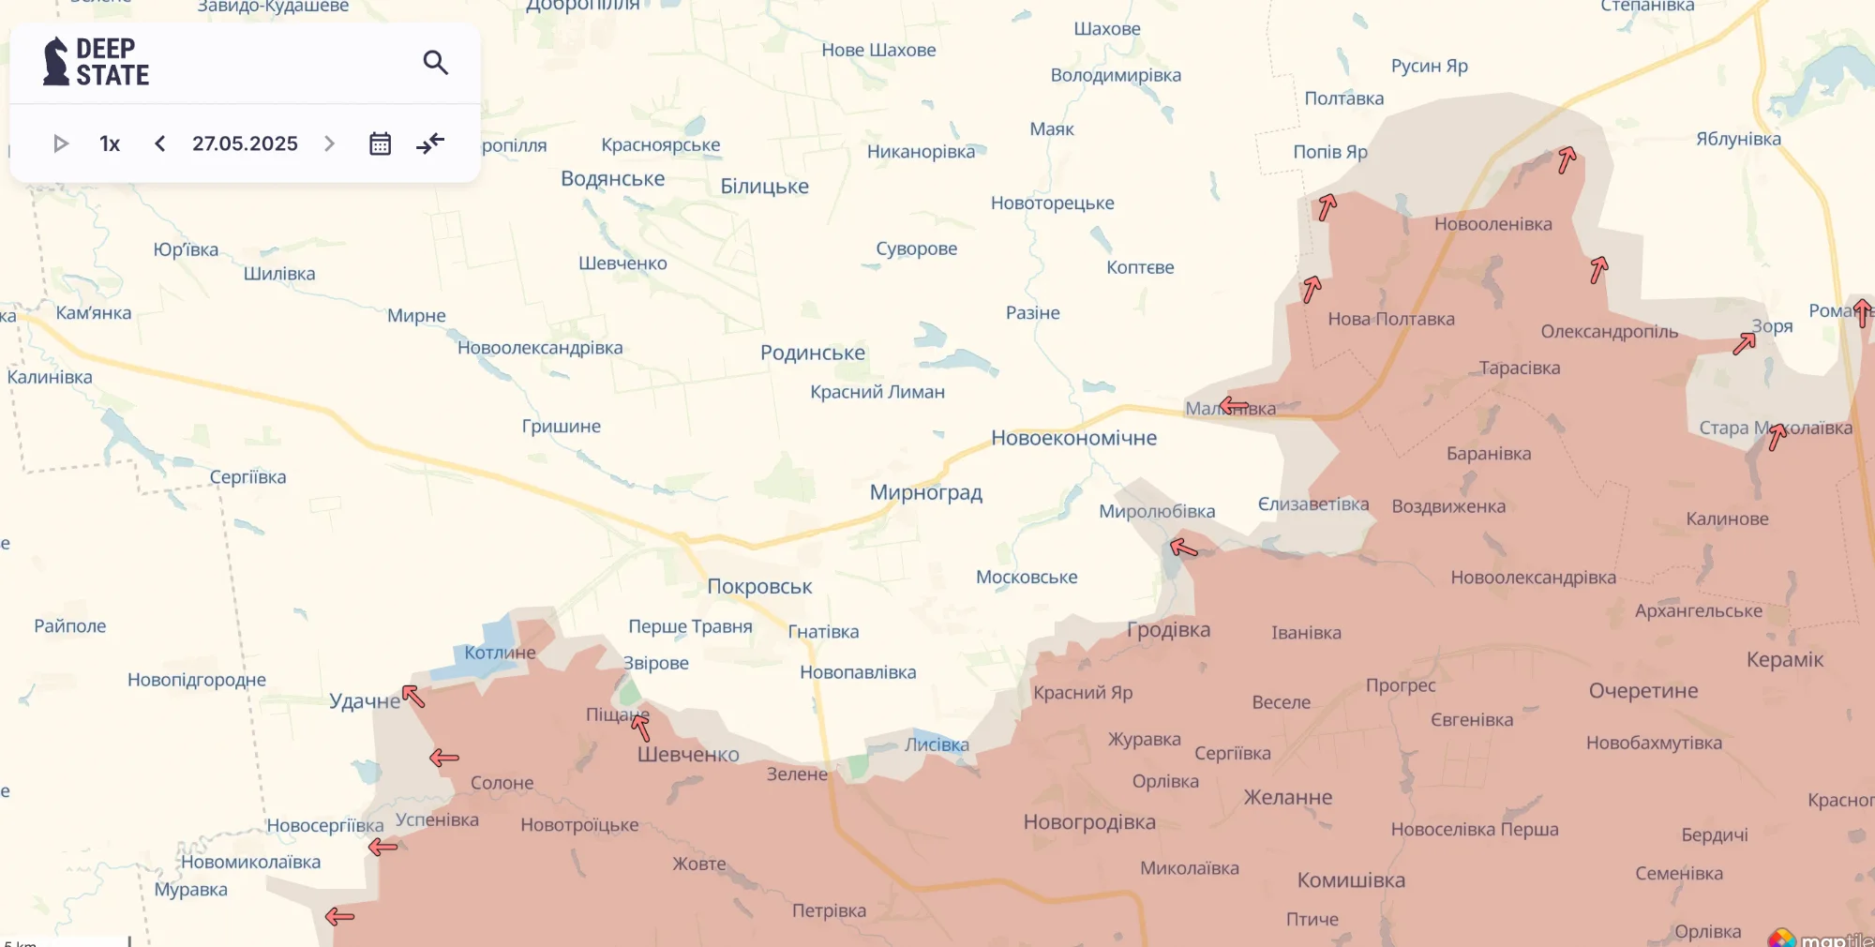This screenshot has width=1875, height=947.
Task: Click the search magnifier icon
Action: tap(435, 63)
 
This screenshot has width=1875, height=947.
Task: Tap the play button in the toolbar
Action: tap(61, 143)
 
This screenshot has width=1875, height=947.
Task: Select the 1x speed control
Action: tap(110, 143)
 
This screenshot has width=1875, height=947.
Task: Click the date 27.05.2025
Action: tap(245, 143)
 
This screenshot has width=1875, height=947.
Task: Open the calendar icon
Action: tap(380, 143)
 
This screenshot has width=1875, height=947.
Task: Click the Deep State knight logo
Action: tap(56, 62)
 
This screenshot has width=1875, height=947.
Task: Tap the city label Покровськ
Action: tap(759, 587)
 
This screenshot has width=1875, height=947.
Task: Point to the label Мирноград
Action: tap(925, 493)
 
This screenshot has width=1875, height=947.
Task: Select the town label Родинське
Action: tap(812, 353)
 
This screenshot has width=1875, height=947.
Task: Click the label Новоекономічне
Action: tap(1073, 438)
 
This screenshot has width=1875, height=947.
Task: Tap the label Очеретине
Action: tap(1642, 691)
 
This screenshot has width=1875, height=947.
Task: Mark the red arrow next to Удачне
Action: tap(413, 697)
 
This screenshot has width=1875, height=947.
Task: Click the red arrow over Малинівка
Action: tap(1234, 406)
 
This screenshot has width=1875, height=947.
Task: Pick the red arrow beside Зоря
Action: tap(1744, 343)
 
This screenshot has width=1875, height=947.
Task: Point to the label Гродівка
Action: tap(1168, 630)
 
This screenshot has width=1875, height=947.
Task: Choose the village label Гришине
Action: tap(561, 427)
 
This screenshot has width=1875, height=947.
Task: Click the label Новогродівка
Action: tap(1089, 822)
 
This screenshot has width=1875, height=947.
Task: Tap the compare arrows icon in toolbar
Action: tap(430, 143)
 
